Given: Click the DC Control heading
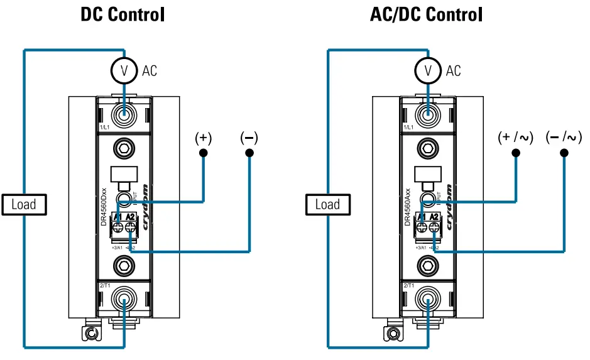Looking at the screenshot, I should point(123,14).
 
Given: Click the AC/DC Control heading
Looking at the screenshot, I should point(427,14).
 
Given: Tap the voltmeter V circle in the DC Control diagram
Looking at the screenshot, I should point(124,71).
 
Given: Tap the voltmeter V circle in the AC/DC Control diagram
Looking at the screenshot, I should point(428,71).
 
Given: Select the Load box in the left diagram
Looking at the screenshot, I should point(23,204).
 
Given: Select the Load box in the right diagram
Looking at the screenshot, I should point(327,204).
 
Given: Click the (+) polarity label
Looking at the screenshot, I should point(203,138).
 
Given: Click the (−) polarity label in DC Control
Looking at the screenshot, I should point(249,138).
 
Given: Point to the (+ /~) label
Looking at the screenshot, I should point(515,138).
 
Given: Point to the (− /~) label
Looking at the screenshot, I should point(564,138).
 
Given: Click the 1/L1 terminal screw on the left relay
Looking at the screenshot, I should point(124,115).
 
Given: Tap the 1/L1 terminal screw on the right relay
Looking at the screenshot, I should point(428,115).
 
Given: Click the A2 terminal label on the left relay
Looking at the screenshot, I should point(131,217).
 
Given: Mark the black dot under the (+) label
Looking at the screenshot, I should point(203,153).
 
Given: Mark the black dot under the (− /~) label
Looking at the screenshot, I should point(564,153).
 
